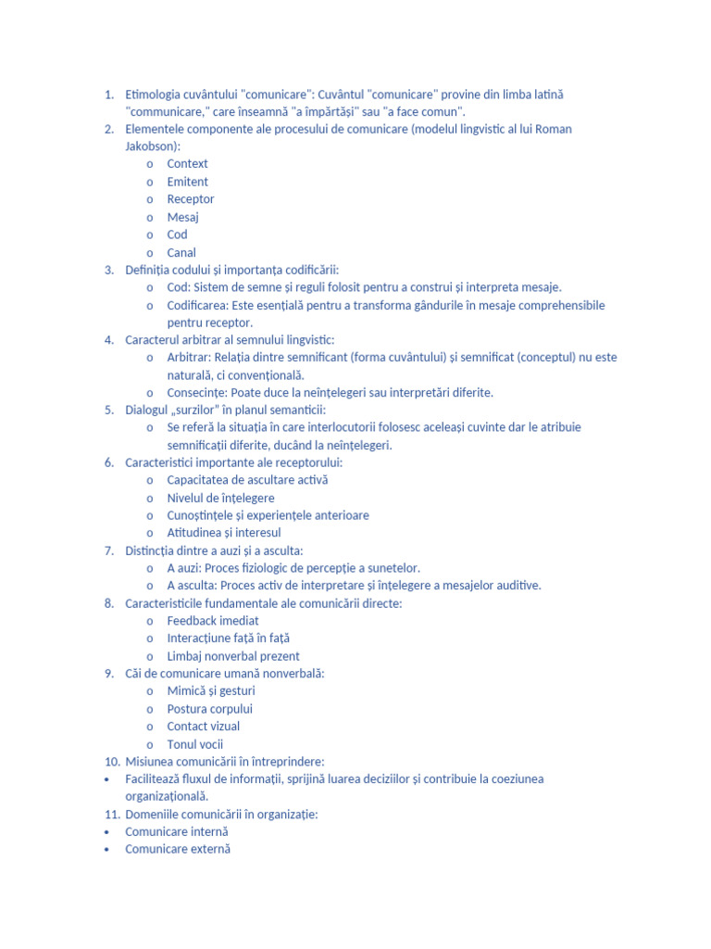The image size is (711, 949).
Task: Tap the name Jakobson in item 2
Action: point(152,146)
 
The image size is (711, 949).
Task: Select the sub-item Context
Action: point(187,164)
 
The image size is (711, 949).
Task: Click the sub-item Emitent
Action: point(187,182)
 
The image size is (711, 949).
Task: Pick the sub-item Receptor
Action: point(190,199)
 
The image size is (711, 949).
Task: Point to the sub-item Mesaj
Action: point(182,217)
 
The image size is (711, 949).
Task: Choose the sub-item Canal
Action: point(181,252)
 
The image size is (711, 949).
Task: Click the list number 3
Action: point(109,270)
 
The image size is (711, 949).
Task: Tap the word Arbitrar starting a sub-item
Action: point(189,358)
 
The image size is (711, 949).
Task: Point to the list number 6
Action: point(109,462)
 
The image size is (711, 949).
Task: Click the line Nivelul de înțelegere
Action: point(220,498)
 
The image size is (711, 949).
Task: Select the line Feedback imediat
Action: point(213,621)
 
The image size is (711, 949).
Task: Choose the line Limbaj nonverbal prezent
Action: point(233,656)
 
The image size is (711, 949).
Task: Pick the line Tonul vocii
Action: point(194,744)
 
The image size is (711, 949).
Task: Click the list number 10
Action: point(111,761)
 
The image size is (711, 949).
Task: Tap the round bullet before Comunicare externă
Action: point(108,849)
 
